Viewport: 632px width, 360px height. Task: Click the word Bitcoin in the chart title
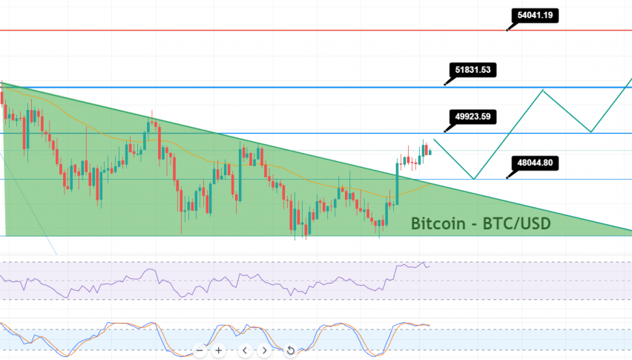tap(437, 223)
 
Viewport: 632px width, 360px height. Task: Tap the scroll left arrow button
tap(246, 350)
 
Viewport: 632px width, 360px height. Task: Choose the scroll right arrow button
tap(265, 350)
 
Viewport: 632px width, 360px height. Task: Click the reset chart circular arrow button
tap(291, 350)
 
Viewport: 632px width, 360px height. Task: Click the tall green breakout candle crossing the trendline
tap(397, 181)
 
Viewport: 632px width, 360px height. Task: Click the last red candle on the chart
tap(430, 152)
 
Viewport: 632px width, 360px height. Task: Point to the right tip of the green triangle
tap(630, 232)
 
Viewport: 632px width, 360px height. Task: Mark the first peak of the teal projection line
tap(544, 90)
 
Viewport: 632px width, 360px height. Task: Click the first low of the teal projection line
tap(473, 178)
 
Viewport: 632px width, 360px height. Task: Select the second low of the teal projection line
tap(591, 132)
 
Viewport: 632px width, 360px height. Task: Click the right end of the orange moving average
tap(429, 184)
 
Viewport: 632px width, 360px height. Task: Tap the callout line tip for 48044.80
tap(507, 178)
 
